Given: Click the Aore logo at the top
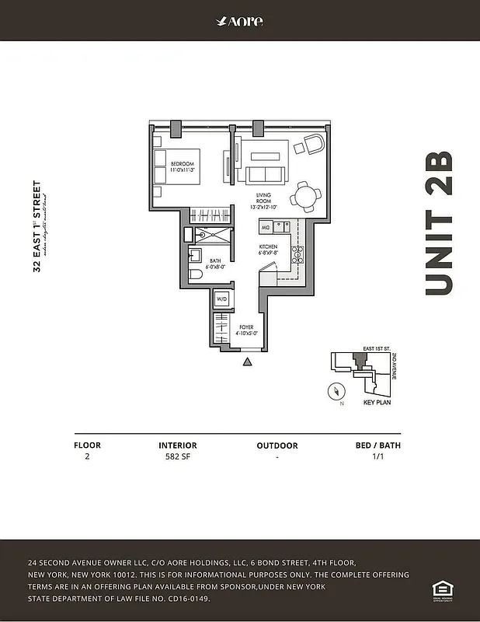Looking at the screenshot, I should (239, 21).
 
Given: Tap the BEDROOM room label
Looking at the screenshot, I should (183, 166).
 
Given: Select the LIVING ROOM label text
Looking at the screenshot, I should (264, 201).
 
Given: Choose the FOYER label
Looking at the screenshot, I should (247, 330).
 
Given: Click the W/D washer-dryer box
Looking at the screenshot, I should (221, 299).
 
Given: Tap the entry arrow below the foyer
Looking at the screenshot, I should (247, 362).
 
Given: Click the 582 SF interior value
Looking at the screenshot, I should (178, 458).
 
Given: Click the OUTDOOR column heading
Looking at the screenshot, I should (277, 446).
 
